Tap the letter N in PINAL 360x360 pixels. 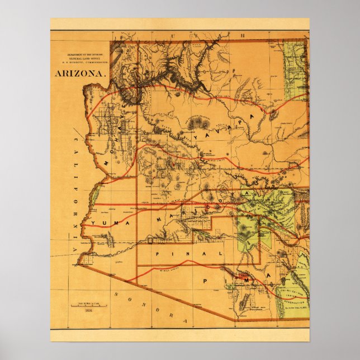[x=190, y=253]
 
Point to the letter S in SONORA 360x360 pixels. [x=116, y=293]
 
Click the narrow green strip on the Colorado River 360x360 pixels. [x=94, y=195]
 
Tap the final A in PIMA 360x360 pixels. [x=269, y=276]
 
